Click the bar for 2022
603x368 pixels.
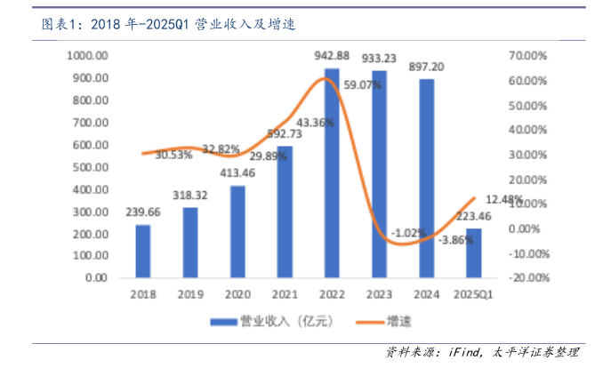(331, 172)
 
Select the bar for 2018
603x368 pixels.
(142, 251)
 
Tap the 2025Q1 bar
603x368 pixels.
(473, 252)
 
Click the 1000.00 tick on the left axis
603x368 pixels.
(88, 55)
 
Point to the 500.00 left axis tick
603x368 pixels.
(92, 166)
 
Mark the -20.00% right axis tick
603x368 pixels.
(527, 277)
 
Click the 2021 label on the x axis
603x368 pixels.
(284, 293)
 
